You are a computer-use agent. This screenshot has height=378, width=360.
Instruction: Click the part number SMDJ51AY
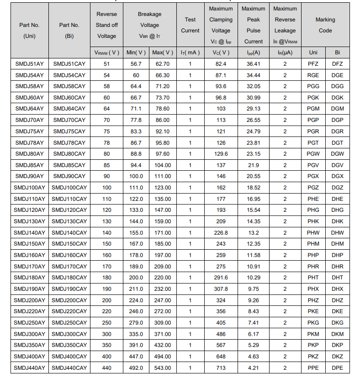(30, 64)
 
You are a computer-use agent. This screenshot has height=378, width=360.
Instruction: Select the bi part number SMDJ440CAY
(69, 368)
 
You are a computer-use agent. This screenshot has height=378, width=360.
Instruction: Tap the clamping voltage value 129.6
(221, 154)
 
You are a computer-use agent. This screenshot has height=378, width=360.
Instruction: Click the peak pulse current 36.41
(253, 64)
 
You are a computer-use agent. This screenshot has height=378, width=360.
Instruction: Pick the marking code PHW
(313, 233)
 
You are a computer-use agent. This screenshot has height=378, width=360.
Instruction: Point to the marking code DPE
(337, 368)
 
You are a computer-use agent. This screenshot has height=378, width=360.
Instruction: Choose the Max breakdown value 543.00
(162, 368)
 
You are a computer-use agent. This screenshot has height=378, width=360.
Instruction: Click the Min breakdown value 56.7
(136, 64)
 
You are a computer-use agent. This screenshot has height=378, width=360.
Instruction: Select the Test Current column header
(190, 25)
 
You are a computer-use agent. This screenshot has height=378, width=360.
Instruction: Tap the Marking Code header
(325, 25)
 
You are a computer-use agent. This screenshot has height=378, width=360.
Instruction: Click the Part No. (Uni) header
(30, 31)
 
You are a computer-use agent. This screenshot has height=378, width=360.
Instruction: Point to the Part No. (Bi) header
(69, 31)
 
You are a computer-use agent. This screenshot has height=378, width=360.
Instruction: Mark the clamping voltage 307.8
(221, 289)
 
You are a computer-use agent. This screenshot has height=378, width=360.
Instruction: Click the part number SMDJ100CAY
(69, 188)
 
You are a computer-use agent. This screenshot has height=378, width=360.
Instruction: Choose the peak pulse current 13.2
(253, 233)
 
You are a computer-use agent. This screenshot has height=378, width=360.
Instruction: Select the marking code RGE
(313, 75)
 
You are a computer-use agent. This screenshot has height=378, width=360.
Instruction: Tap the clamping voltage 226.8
(221, 233)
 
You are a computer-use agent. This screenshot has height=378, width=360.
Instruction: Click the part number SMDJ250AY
(30, 323)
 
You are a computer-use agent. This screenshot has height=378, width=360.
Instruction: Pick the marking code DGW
(337, 154)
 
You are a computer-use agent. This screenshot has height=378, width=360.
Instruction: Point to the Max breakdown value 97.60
(162, 154)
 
